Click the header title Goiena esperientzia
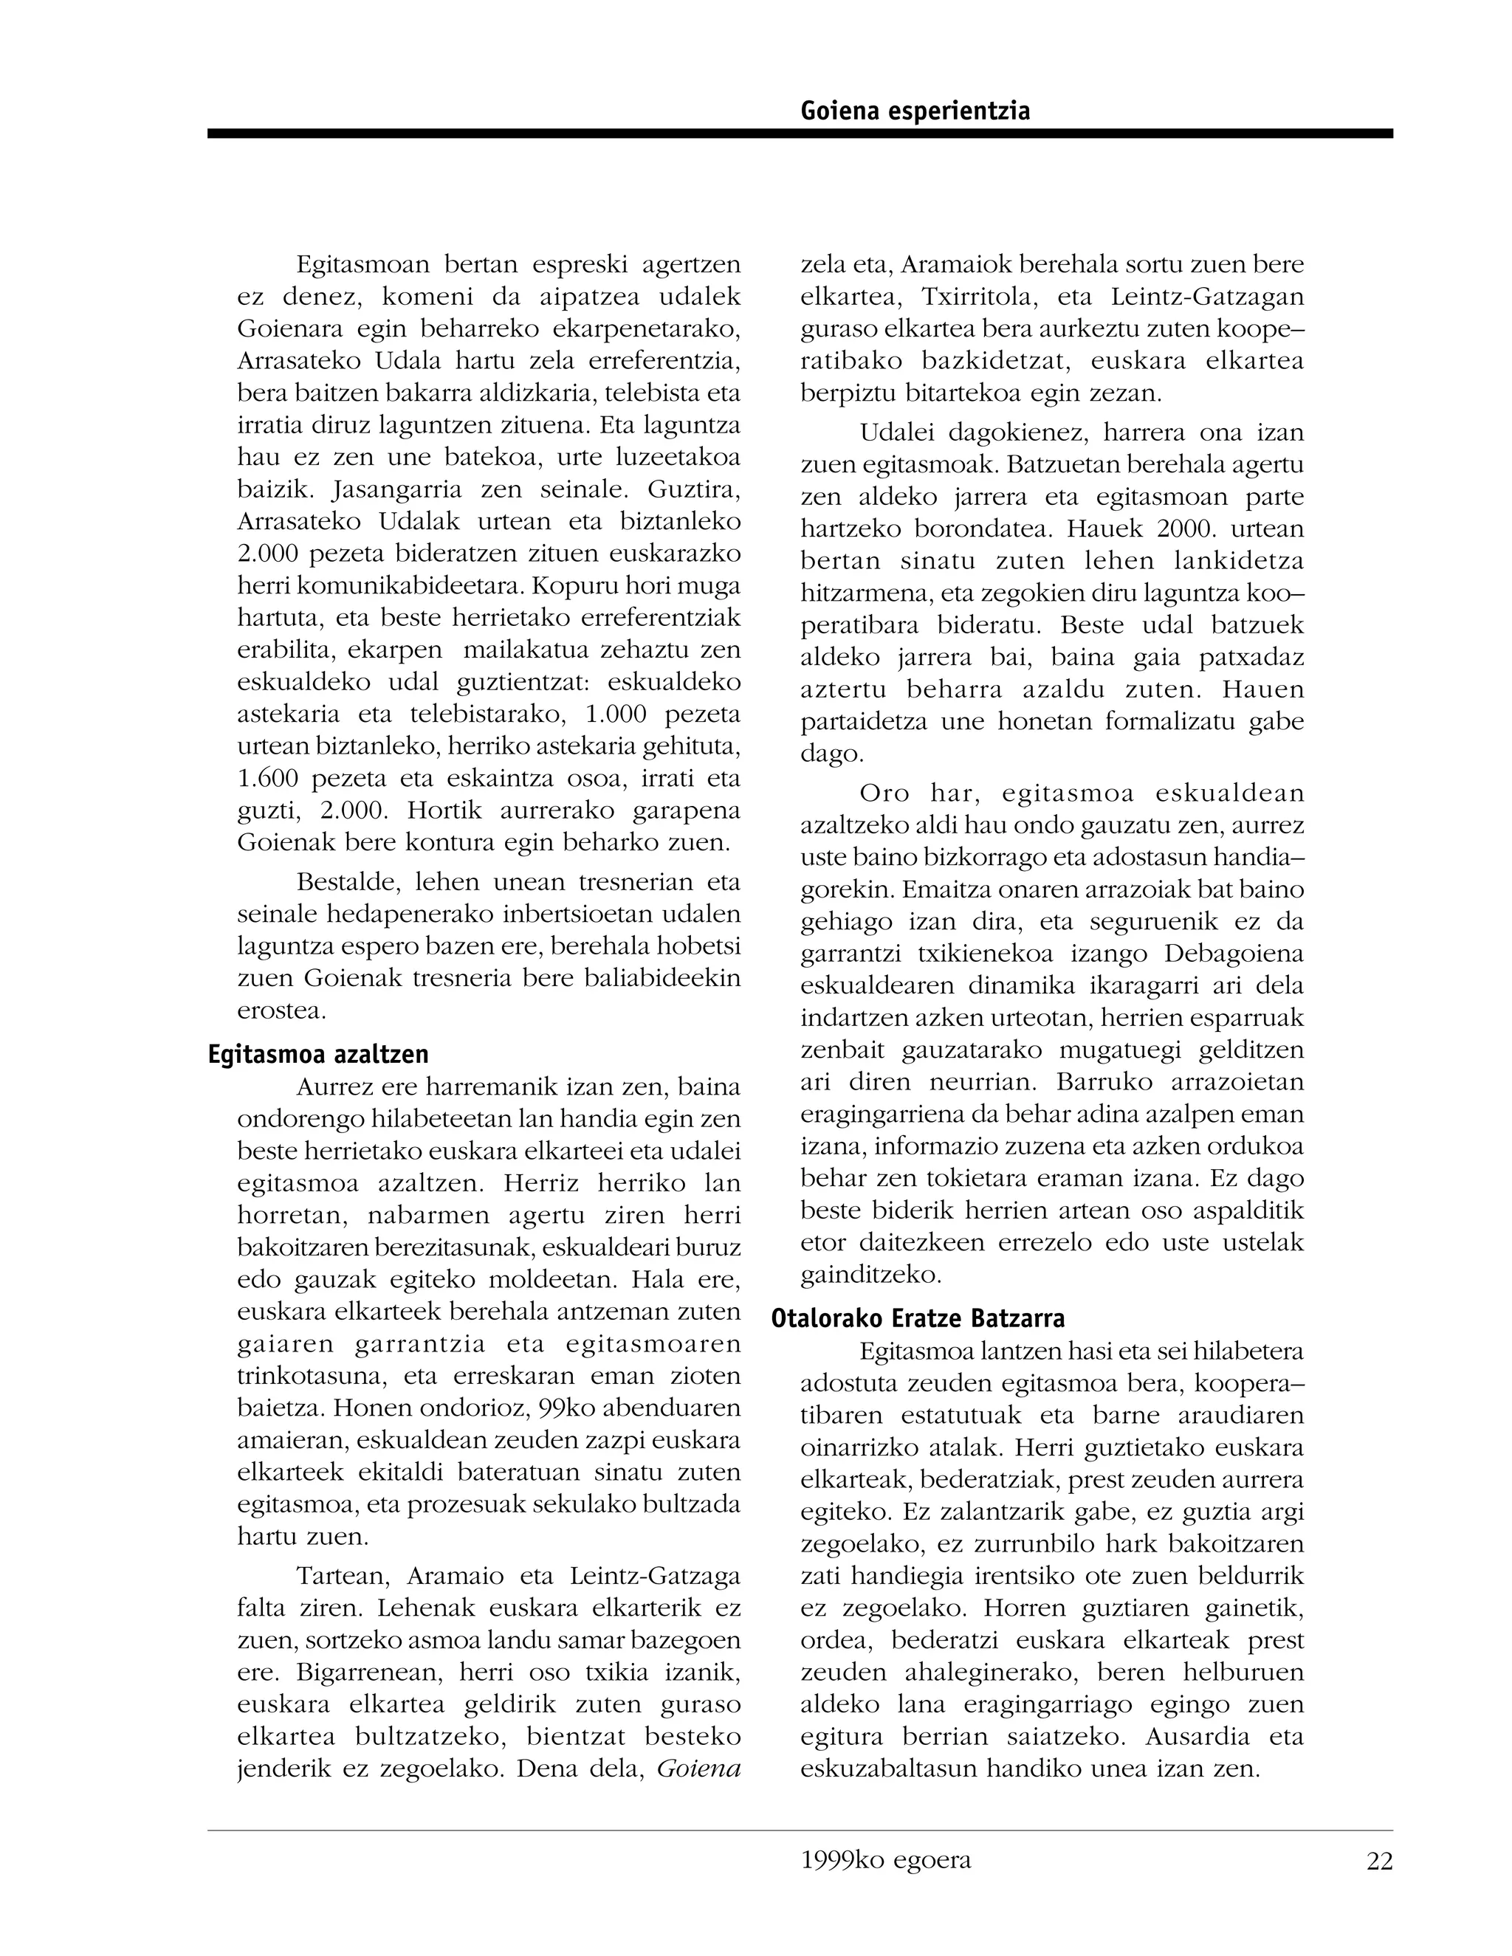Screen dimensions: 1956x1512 click(x=915, y=111)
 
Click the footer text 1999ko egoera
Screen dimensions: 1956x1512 click(x=886, y=1860)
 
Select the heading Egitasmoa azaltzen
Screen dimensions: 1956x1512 click(x=318, y=1053)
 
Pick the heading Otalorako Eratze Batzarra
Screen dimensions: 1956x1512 click(x=918, y=1318)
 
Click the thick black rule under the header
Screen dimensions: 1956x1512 click(x=799, y=134)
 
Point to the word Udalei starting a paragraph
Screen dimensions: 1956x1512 click(x=896, y=433)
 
